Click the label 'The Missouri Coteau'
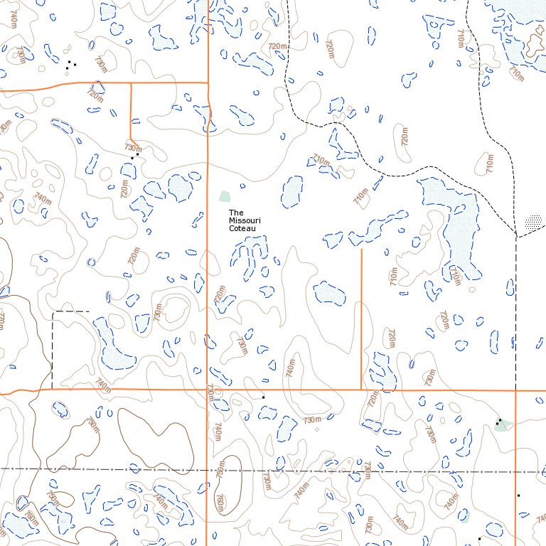click(244, 221)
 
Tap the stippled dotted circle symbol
click(533, 223)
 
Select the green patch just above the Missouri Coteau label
click(225, 196)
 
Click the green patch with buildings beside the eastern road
click(503, 425)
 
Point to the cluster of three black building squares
click(70, 65)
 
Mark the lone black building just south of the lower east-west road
click(263, 397)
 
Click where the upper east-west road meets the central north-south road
click(207, 82)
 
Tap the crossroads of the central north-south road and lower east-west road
click(207, 390)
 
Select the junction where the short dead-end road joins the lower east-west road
click(362, 390)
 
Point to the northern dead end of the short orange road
click(362, 249)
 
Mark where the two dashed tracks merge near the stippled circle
click(515, 234)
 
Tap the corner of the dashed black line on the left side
click(53, 311)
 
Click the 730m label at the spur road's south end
click(133, 149)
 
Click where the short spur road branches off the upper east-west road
click(131, 82)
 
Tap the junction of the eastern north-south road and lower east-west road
click(515, 390)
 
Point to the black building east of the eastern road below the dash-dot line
click(519, 495)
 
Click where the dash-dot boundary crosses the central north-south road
click(207, 471)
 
